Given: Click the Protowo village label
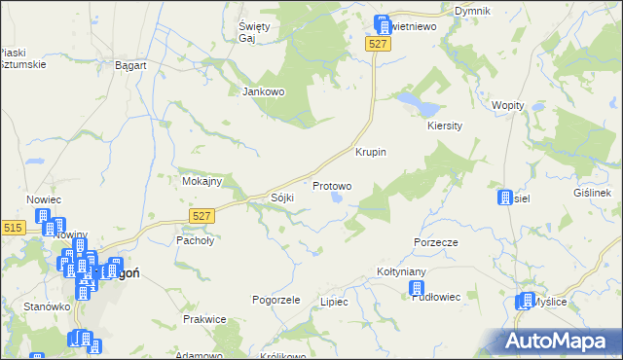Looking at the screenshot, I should [x=332, y=185].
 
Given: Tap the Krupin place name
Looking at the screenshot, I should [x=371, y=153].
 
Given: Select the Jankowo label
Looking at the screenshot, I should [x=262, y=92].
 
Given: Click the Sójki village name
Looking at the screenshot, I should [x=281, y=198].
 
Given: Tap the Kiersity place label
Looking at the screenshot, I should [x=443, y=126].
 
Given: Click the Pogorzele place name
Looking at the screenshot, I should [x=275, y=300].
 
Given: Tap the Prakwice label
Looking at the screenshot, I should [x=204, y=319].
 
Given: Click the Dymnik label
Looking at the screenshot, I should [x=472, y=10].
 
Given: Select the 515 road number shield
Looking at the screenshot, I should [x=12, y=228].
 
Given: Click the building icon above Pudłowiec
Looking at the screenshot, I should [x=417, y=289].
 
